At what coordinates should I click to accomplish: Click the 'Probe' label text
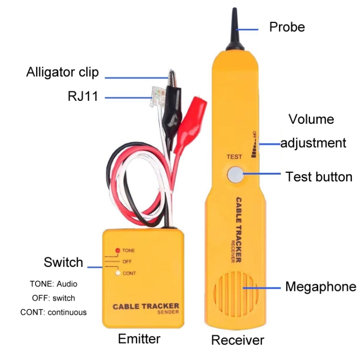click(287, 27)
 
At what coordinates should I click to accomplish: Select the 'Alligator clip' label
click(62, 72)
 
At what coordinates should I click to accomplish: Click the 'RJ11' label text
click(83, 96)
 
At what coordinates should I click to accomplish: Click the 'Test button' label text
click(319, 177)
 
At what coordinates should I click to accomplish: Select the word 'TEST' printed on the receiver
click(234, 156)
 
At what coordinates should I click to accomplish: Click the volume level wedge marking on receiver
click(253, 146)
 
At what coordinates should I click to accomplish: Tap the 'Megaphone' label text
click(321, 287)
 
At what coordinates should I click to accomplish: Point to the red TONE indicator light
click(117, 251)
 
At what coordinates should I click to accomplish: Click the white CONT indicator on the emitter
click(117, 273)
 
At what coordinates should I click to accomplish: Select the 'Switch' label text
click(63, 263)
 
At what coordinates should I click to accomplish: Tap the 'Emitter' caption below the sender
click(139, 339)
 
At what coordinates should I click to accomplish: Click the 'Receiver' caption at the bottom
click(238, 340)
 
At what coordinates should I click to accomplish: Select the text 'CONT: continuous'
click(53, 312)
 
